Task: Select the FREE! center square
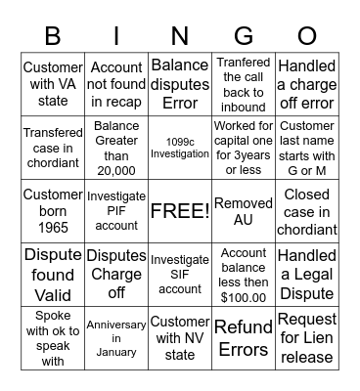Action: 180,211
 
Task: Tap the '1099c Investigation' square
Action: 180,147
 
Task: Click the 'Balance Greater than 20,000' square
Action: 116,147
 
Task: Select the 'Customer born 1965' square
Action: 53,211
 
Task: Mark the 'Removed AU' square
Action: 244,211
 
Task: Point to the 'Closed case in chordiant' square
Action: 307,211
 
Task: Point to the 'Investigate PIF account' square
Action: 116,211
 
